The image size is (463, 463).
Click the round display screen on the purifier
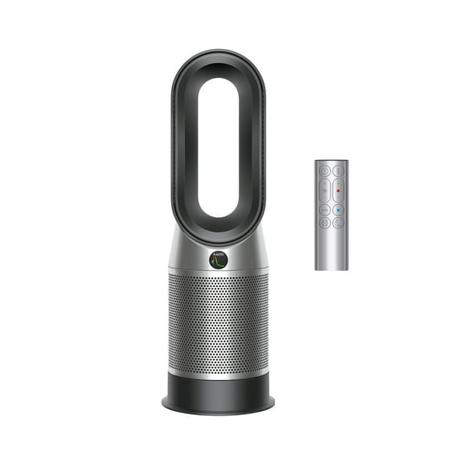point(219,260)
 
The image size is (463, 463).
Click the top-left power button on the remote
point(324,171)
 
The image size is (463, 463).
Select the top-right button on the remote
point(338,171)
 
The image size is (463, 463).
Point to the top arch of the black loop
point(219,59)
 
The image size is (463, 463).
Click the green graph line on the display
point(219,262)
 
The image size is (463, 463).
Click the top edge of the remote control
point(331,162)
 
